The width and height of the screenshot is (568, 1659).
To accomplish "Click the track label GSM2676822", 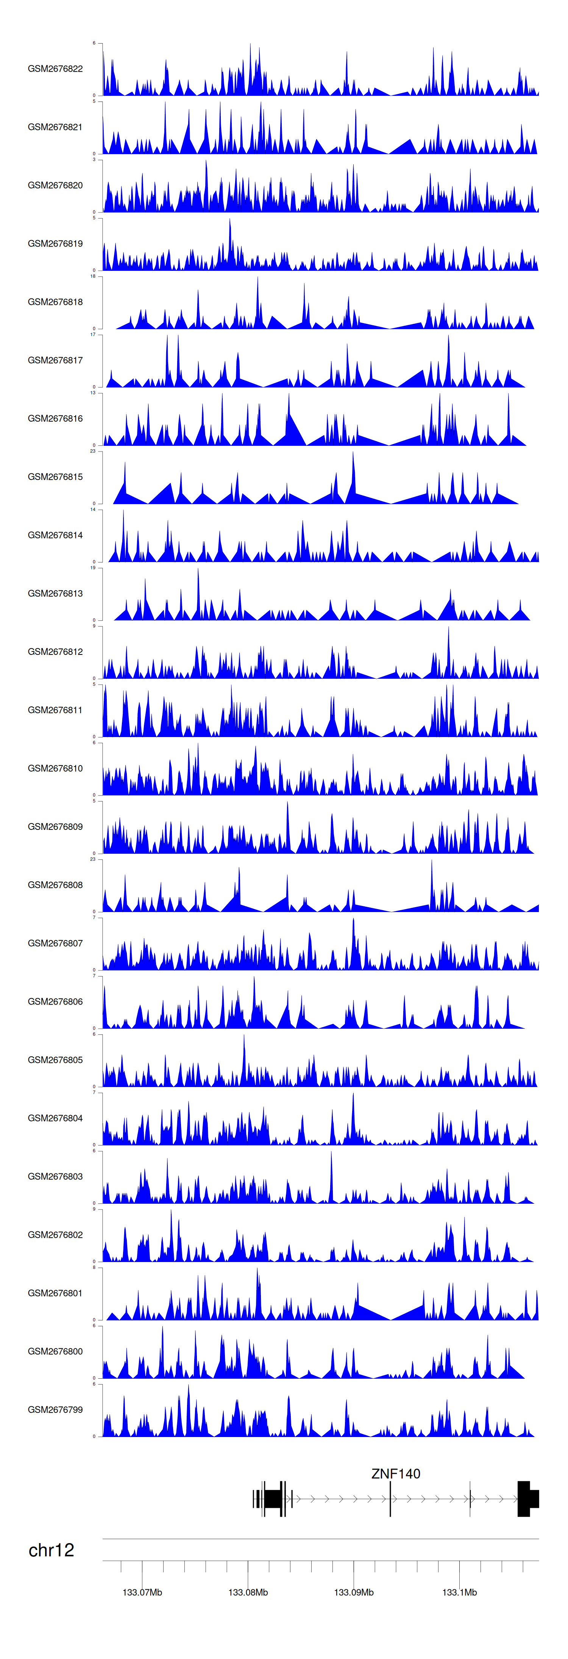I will coord(55,69).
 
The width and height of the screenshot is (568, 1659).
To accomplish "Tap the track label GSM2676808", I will coord(55,885).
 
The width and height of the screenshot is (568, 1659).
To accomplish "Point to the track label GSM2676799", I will coord(55,1410).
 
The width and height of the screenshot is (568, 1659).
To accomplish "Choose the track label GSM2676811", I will coord(55,710).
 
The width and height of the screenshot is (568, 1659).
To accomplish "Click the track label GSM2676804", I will coord(55,1118).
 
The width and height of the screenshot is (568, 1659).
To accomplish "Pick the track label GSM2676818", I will coord(55,302).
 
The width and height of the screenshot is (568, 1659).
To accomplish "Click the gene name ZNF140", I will coord(395,1473).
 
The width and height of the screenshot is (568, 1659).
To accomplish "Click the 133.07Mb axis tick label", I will coord(142,1592).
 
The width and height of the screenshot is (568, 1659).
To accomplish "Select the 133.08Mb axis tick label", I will coord(248,1592).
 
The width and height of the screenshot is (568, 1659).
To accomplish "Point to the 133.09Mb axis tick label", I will coord(354,1592).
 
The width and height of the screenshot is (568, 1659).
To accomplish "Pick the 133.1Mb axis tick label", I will coord(459,1592).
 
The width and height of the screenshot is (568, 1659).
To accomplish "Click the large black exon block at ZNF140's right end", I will coord(526,1499).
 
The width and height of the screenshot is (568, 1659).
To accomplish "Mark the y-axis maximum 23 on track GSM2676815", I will coord(93,451).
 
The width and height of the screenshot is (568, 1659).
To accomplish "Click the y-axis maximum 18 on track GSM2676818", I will coord(93,276).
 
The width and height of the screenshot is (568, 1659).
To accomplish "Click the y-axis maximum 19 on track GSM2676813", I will coord(93,568).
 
